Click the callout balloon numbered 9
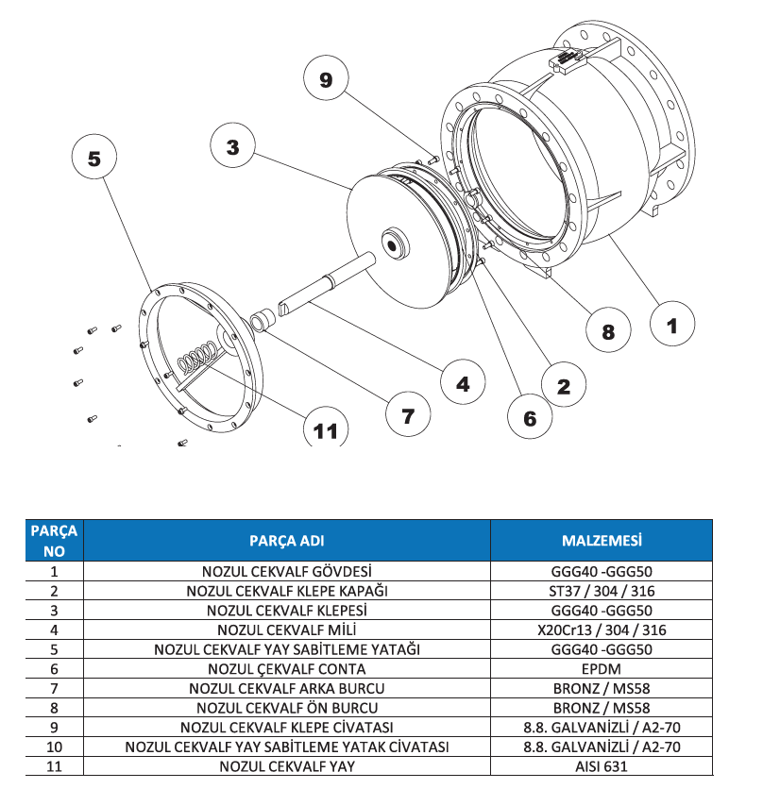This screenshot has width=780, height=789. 326,80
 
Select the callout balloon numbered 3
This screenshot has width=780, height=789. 232,146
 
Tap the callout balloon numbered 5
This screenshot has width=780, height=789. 94,159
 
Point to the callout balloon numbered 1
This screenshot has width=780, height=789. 671,326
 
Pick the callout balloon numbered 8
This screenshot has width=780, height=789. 608,331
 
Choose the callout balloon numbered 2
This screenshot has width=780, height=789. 564,385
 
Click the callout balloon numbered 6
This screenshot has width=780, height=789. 530,417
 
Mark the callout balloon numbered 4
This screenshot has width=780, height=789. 463,384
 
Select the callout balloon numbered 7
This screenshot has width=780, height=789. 408,415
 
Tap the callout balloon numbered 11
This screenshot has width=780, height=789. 325,430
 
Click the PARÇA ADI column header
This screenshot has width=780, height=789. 286,541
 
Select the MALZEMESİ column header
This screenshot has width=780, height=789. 602,541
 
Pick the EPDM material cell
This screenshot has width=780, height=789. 602,668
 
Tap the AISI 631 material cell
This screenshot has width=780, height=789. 602,766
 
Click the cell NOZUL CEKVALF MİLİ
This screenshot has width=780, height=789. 286,629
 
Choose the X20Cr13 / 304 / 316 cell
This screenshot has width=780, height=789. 602,629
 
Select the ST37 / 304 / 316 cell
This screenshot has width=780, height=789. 602,590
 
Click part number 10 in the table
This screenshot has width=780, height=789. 54,747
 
